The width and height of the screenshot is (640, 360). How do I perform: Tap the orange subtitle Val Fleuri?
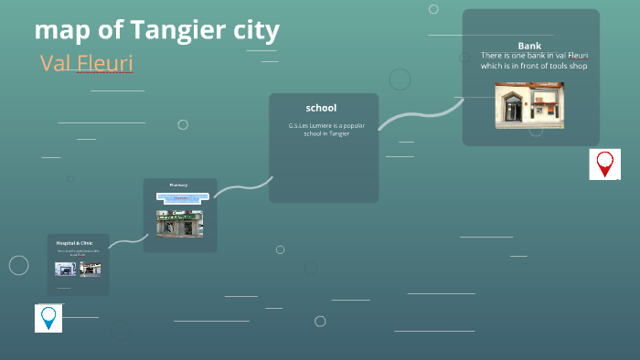point(86,63)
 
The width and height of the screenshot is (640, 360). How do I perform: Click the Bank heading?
point(529,46)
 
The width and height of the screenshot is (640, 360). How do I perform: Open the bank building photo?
point(529,105)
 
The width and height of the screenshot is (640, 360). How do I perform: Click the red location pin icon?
point(604,164)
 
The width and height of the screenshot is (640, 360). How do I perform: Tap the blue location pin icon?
point(48,318)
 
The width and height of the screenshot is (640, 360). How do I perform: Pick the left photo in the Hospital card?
point(65,269)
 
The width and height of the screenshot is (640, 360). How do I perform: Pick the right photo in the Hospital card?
point(90,269)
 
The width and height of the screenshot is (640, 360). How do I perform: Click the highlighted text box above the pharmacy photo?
point(179,196)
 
